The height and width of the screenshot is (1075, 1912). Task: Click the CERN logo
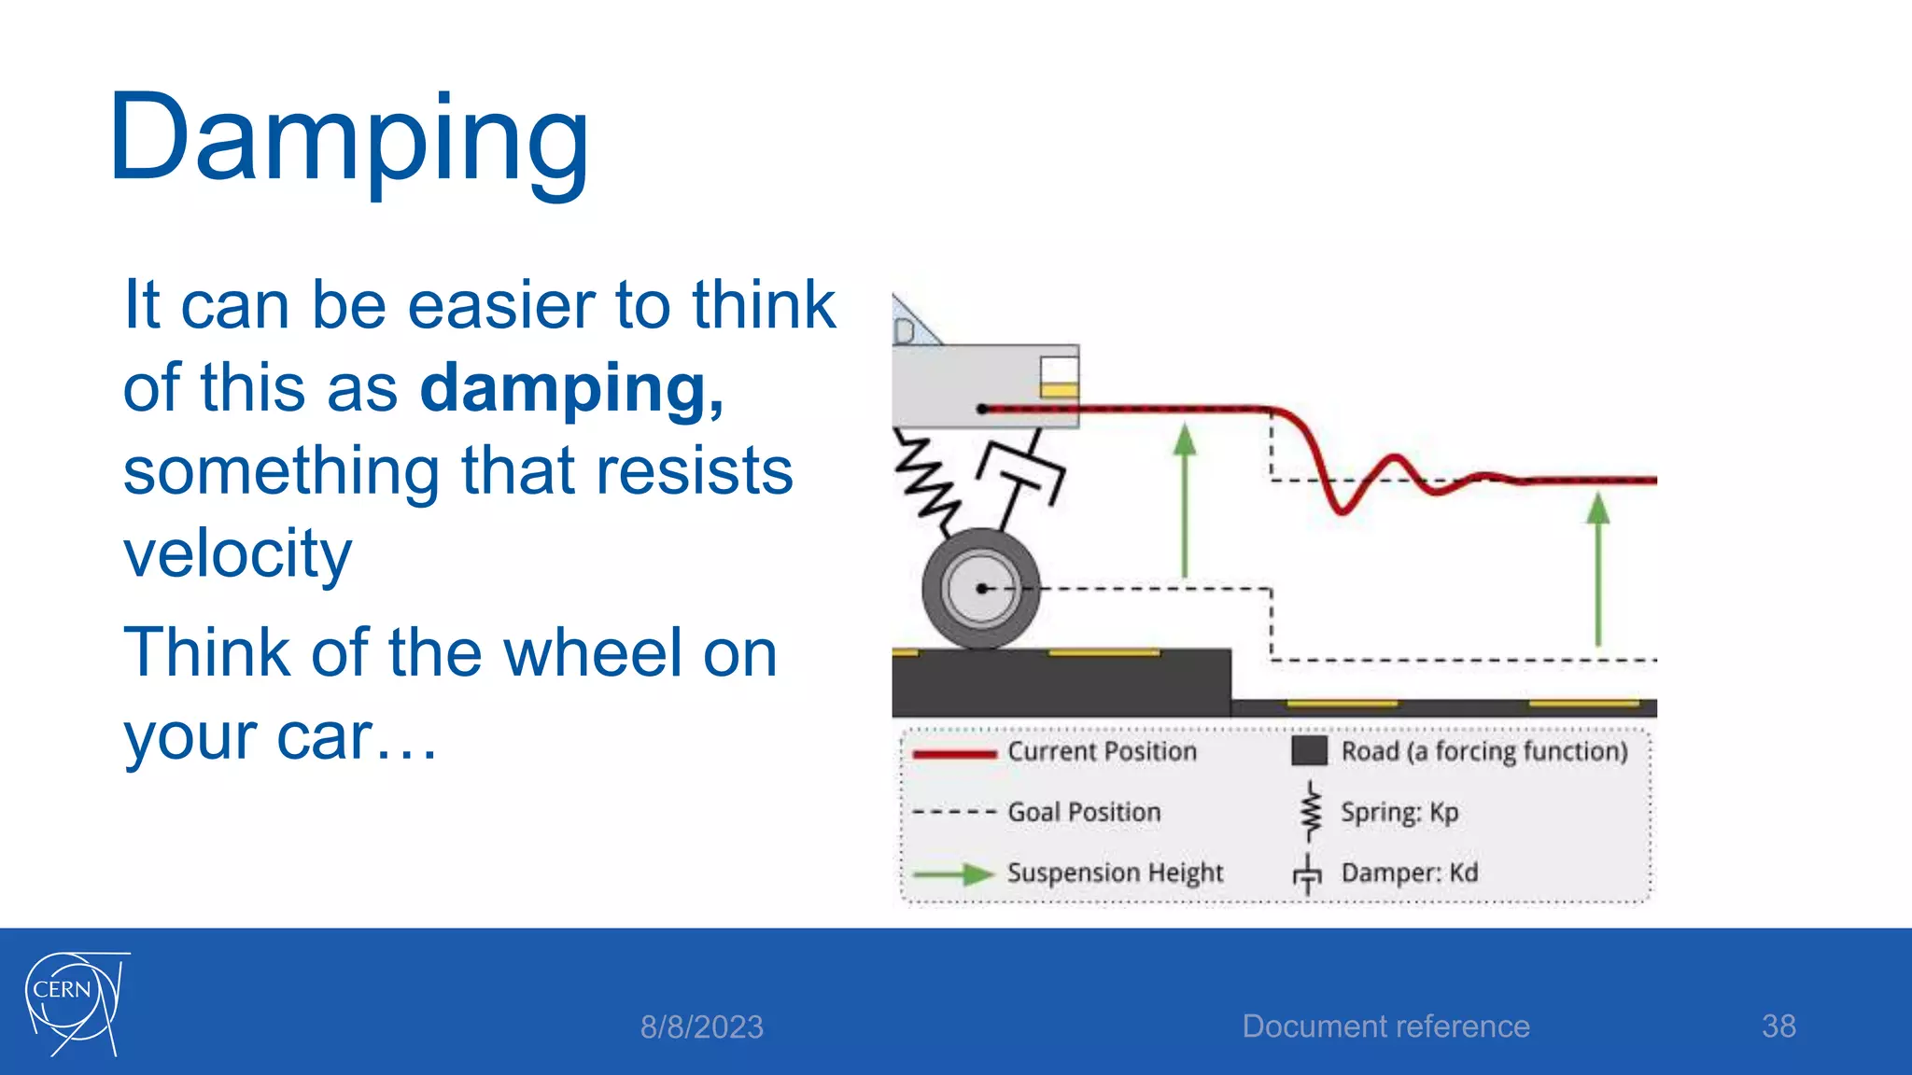point(75,1002)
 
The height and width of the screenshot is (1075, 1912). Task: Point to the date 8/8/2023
point(701,1027)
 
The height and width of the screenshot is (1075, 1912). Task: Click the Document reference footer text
point(1385,1026)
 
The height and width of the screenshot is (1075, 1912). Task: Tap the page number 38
point(1778,1026)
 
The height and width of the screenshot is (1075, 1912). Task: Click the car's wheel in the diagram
point(980,589)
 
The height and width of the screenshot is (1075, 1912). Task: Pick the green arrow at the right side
point(1598,569)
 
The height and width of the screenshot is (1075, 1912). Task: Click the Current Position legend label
point(1102,752)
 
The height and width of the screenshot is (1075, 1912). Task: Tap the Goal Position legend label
point(1084,813)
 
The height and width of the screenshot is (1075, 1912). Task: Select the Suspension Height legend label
point(1115,873)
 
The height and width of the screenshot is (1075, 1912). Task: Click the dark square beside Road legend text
point(1309,751)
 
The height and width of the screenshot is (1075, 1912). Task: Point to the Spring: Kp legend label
point(1399,813)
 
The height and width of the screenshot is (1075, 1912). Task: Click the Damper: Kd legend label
point(1409,873)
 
